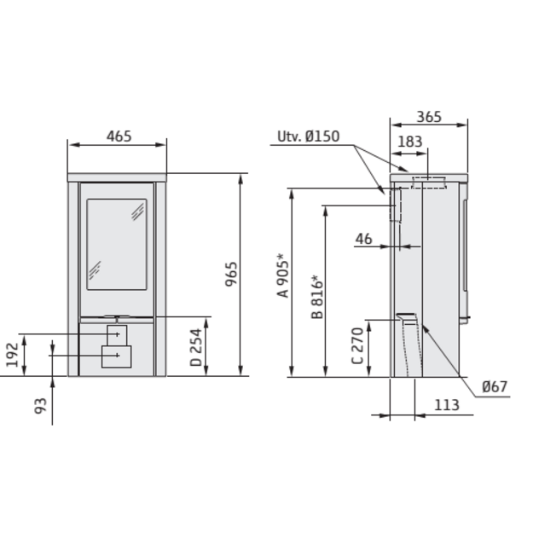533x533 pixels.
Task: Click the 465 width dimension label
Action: (x=119, y=136)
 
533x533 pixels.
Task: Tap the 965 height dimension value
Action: (x=231, y=274)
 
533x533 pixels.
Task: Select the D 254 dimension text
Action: (x=196, y=347)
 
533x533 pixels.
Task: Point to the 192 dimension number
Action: (x=12, y=355)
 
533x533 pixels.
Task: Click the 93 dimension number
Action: (x=40, y=406)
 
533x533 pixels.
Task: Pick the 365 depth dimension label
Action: (x=429, y=117)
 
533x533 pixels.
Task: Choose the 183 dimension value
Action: (x=410, y=142)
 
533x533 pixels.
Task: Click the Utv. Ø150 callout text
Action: (x=309, y=136)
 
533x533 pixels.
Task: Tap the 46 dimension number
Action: (x=363, y=239)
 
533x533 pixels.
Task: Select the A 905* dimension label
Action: (x=283, y=275)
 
